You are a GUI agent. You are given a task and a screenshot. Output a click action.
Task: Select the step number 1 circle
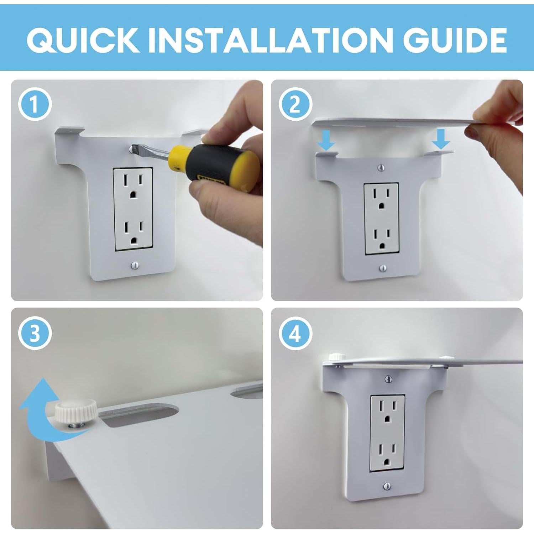click(35, 104)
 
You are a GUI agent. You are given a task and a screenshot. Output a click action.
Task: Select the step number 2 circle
click(295, 104)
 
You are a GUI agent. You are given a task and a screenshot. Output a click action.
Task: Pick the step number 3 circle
click(35, 334)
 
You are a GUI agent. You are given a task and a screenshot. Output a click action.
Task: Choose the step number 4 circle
click(295, 334)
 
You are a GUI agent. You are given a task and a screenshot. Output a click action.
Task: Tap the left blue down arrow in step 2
click(326, 140)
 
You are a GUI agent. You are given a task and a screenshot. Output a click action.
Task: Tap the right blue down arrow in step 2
click(441, 139)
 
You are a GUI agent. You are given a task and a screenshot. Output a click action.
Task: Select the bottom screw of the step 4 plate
click(388, 486)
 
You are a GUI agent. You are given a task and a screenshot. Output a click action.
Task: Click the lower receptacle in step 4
click(388, 455)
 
